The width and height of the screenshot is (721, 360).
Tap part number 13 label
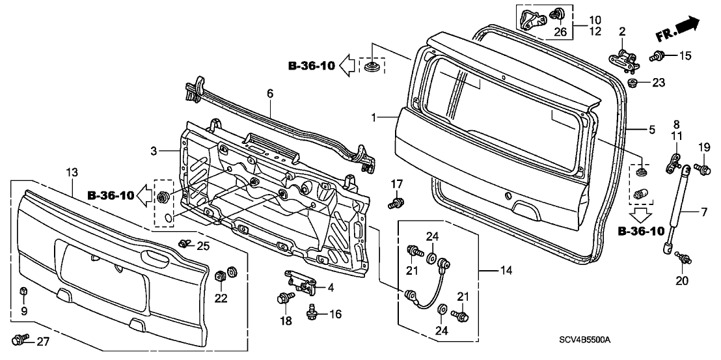[x=72, y=172]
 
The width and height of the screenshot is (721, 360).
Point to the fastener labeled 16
[x=311, y=312]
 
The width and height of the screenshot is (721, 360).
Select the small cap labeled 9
[x=23, y=291]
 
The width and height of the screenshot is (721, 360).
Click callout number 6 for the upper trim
[x=269, y=94]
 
